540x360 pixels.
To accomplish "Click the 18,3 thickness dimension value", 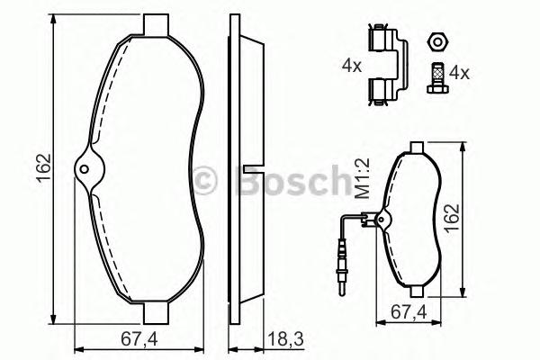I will pyautogui.click(x=283, y=339).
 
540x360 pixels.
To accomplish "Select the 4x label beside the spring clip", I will pyautogui.click(x=352, y=66).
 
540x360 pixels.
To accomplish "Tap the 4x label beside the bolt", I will pyautogui.click(x=459, y=72).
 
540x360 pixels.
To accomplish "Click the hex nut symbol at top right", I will pyautogui.click(x=436, y=40).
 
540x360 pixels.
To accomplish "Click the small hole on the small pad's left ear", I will pyautogui.click(x=382, y=217).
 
